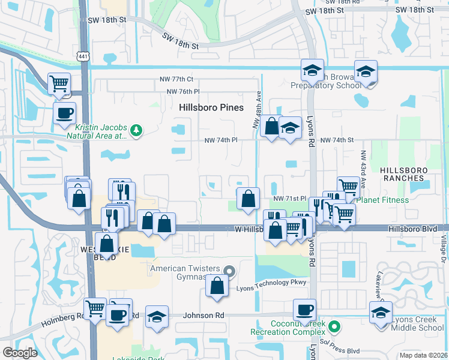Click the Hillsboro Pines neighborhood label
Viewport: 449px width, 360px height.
pos(211,107)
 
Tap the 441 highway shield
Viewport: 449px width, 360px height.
pos(83,56)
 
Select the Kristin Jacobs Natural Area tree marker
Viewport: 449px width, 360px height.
pos(137,130)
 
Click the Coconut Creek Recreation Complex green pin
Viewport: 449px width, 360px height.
pos(336,327)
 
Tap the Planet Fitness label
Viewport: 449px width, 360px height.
pos(383,200)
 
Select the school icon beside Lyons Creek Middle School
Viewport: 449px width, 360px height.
pos(381,313)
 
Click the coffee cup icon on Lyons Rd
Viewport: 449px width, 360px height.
pos(305,310)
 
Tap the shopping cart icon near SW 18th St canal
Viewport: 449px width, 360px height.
pos(59,83)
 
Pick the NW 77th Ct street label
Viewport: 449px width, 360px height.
pos(176,79)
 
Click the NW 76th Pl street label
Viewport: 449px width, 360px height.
pos(179,91)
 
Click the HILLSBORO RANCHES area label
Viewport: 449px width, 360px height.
pos(405,174)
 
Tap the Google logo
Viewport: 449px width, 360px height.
pos(20,352)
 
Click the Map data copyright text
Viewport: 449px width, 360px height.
pos(423,355)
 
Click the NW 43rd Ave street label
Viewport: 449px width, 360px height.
pos(363,169)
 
